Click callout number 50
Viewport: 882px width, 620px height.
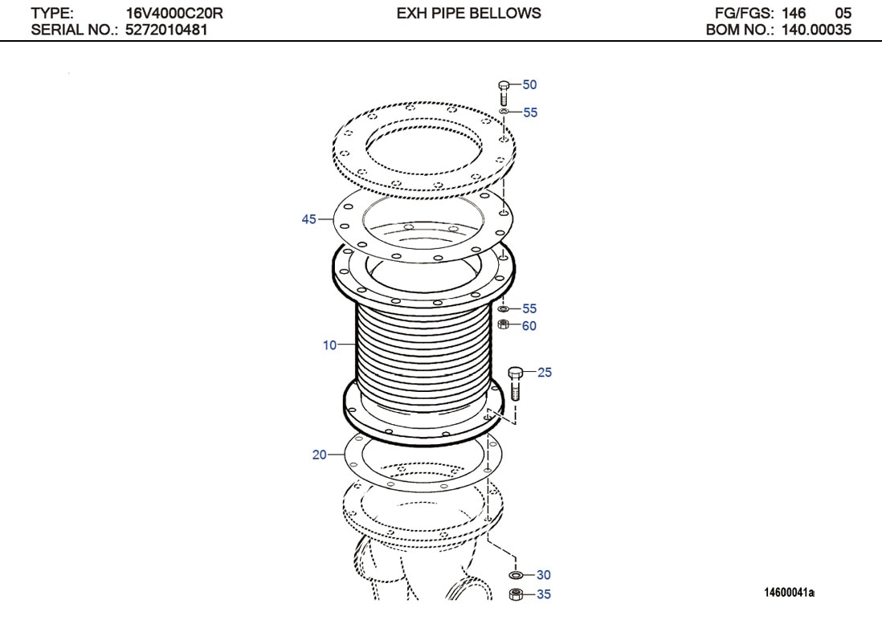[529, 84]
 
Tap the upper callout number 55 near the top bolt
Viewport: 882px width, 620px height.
[530, 112]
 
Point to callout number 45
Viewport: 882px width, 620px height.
[308, 219]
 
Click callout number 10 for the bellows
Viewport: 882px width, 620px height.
[330, 345]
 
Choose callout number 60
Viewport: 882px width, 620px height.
[529, 326]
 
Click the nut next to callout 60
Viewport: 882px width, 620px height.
[504, 324]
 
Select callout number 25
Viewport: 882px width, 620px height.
[545, 372]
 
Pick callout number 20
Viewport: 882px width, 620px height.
[320, 455]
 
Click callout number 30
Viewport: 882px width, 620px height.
[544, 575]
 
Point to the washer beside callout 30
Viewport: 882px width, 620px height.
[517, 575]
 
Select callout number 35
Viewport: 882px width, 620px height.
[544, 595]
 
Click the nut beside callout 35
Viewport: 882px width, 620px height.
[517, 595]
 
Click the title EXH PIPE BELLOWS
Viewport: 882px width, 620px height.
[468, 13]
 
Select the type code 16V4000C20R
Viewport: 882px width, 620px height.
[174, 13]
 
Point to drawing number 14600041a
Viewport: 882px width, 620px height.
[789, 593]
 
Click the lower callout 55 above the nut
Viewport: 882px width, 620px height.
[529, 308]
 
